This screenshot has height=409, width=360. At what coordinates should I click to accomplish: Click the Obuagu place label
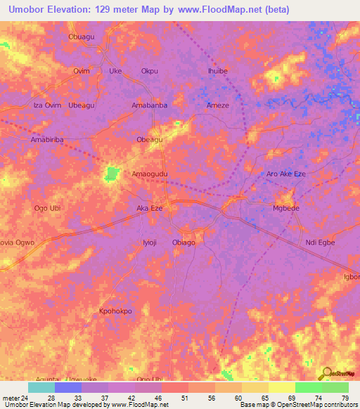click(x=81, y=37)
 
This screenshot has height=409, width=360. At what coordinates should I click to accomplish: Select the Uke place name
click(x=115, y=71)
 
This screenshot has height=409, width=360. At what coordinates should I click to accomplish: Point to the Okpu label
click(x=150, y=71)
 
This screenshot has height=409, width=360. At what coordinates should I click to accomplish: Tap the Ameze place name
click(x=217, y=105)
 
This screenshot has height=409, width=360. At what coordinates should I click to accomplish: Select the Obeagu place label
click(x=150, y=140)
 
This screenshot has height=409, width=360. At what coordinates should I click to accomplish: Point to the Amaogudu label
click(x=150, y=174)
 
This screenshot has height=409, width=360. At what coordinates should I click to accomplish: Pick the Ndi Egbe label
click(x=320, y=242)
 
